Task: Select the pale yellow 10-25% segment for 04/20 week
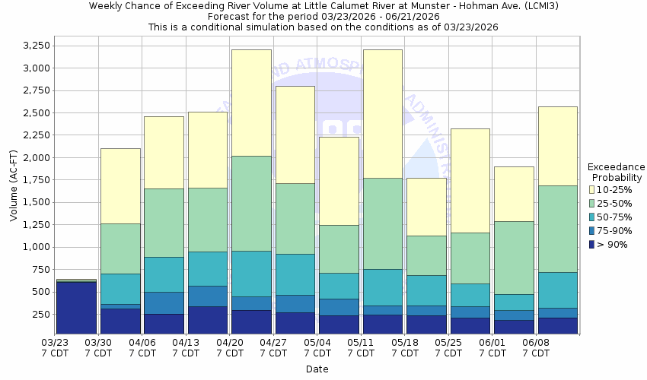(251, 103)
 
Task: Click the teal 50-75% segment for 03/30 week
(120, 289)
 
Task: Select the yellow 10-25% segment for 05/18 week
(426, 207)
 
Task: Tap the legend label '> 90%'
(613, 244)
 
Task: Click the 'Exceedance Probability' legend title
(617, 172)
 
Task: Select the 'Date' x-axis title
(317, 369)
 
